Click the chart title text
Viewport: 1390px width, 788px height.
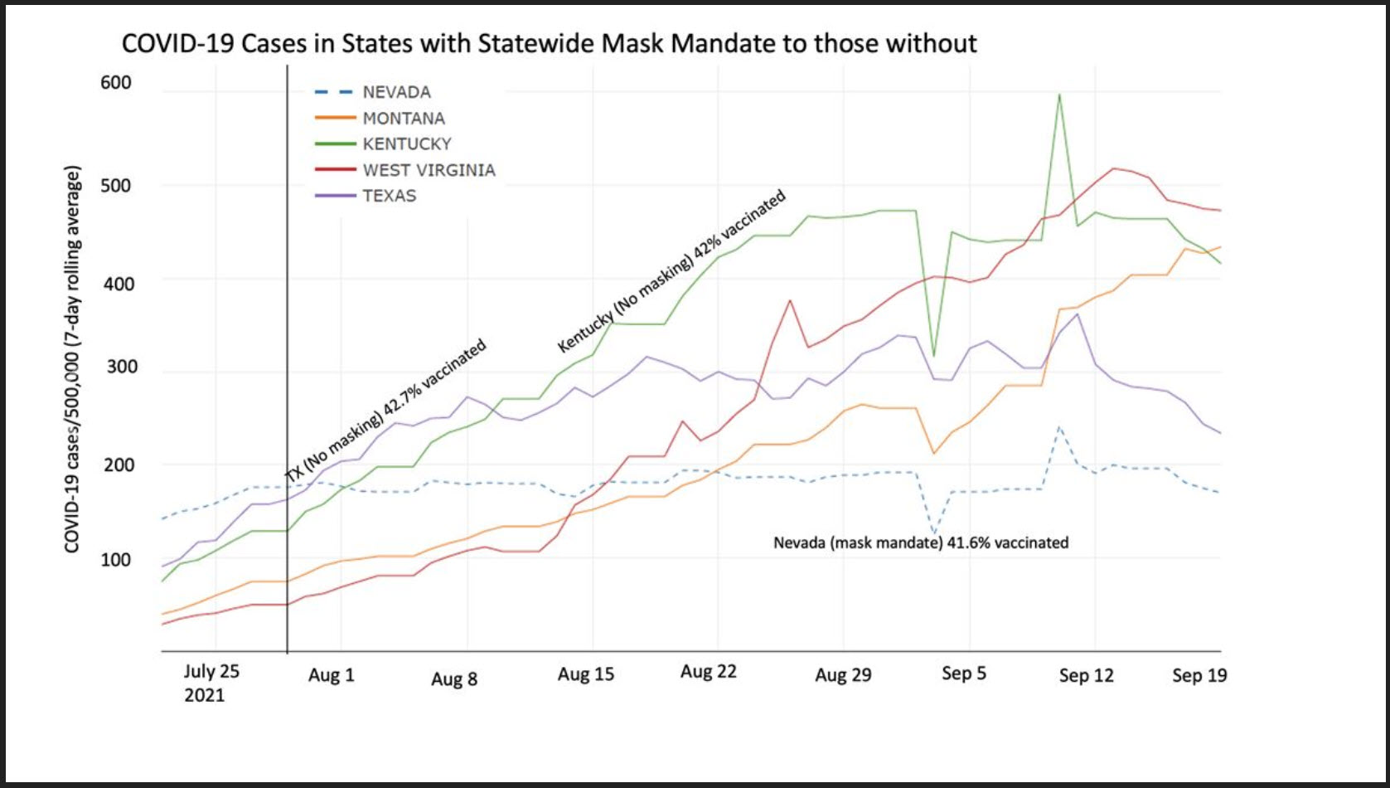pyautogui.click(x=549, y=43)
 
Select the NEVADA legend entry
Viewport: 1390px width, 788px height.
pyautogui.click(x=396, y=92)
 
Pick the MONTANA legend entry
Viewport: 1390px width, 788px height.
pyautogui.click(x=403, y=119)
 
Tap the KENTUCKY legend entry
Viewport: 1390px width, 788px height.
pyautogui.click(x=406, y=144)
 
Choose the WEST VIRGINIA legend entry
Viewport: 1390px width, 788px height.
pyautogui.click(x=428, y=170)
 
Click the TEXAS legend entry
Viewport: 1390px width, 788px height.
pyautogui.click(x=389, y=196)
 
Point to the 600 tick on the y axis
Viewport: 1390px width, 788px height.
pyautogui.click(x=116, y=82)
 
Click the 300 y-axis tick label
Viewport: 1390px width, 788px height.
pyautogui.click(x=121, y=367)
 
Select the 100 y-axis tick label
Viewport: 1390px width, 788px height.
pyautogui.click(x=116, y=559)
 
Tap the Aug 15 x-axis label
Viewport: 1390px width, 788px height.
pyautogui.click(x=586, y=674)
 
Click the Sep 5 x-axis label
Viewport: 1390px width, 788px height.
pyautogui.click(x=964, y=673)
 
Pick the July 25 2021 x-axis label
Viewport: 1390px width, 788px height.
pyautogui.click(x=211, y=682)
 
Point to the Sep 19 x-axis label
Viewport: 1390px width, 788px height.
pyautogui.click(x=1199, y=675)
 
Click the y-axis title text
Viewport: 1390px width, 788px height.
pyautogui.click(x=72, y=359)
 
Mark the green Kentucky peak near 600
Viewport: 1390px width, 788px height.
pyautogui.click(x=1059, y=95)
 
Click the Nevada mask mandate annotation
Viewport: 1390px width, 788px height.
pyautogui.click(x=921, y=542)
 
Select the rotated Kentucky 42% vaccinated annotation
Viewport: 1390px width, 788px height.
pyautogui.click(x=671, y=271)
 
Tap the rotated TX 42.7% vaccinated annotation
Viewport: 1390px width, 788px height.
pyautogui.click(x=385, y=411)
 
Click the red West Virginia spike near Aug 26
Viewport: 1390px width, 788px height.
pyautogui.click(x=790, y=300)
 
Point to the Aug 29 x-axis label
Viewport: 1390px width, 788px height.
pyautogui.click(x=843, y=674)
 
